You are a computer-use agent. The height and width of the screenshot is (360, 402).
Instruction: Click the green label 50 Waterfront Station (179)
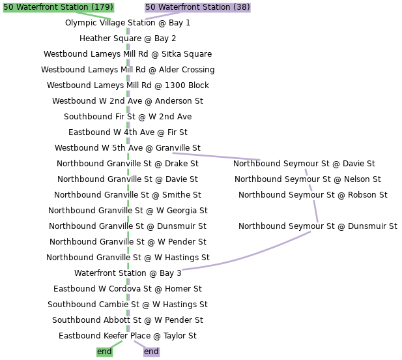pyautogui.click(x=58, y=7)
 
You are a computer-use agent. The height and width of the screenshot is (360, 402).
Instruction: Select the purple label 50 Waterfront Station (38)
pyautogui.click(x=197, y=7)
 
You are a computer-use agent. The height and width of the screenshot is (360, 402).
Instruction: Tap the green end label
pyautogui.click(x=104, y=352)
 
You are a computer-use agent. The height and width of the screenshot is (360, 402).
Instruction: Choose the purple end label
pyautogui.click(x=151, y=352)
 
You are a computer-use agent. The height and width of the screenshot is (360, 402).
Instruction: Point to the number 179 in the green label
pyautogui.click(x=102, y=7)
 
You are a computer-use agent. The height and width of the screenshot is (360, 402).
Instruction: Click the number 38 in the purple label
pyautogui.click(x=241, y=7)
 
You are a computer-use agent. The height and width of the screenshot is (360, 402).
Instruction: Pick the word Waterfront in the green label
pyautogui.click(x=40, y=7)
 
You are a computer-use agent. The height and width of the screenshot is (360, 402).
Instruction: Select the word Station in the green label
pyautogui.click(x=78, y=7)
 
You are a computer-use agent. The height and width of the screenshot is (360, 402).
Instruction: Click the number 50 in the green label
pyautogui.click(x=8, y=7)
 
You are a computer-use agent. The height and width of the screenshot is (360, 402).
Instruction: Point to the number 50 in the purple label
pyautogui.click(x=151, y=7)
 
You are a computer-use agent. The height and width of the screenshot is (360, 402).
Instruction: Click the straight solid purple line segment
pyautogui.click(x=216, y=156)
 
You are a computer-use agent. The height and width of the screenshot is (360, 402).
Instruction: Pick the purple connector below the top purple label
pyautogui.click(x=163, y=15)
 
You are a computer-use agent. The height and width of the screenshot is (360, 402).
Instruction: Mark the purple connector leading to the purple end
pyautogui.click(x=139, y=344)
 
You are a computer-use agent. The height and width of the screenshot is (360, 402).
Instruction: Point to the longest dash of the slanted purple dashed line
pyautogui.click(x=315, y=211)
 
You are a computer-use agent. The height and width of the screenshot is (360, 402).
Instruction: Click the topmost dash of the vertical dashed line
pyautogui.click(x=128, y=31)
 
